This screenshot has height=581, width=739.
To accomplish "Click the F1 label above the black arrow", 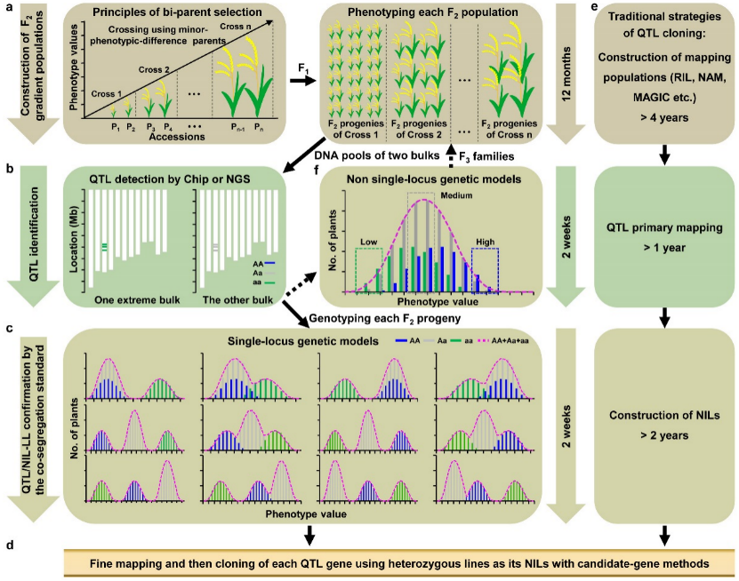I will click(301, 65).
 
